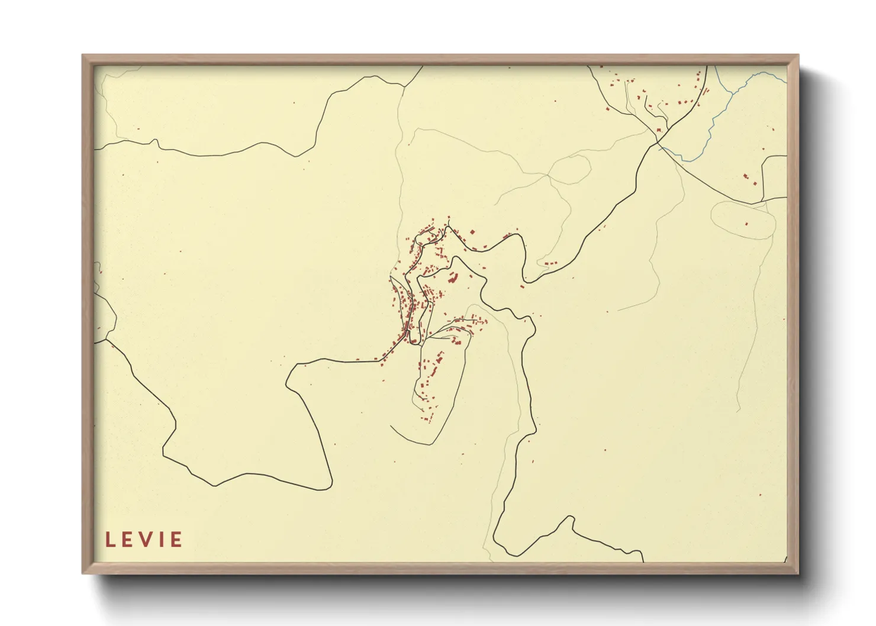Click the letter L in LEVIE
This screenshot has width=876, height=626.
pyautogui.click(x=109, y=540)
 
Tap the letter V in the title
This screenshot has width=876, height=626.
pyautogui.click(x=143, y=540)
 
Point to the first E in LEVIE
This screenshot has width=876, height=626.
pyautogui.click(x=126, y=540)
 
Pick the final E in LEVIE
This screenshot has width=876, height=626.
pyautogui.click(x=176, y=540)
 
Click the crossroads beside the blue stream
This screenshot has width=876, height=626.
pyautogui.click(x=657, y=141)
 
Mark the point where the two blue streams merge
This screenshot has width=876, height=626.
pyautogui.click(x=732, y=93)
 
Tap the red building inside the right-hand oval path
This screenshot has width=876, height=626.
pyautogui.click(x=746, y=224)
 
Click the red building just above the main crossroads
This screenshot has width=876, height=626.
pyautogui.click(x=659, y=130)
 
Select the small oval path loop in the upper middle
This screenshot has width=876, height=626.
pyautogui.click(x=569, y=169)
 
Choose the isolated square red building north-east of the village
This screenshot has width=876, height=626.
pyautogui.click(x=472, y=232)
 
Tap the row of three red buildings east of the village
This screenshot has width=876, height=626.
pyautogui.click(x=550, y=263)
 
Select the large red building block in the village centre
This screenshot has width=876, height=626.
pyautogui.click(x=455, y=277)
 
